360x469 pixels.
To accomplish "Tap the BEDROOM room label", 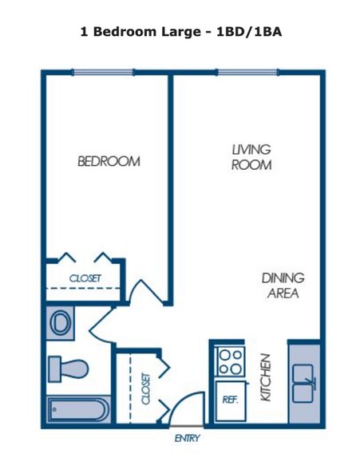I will (109, 161).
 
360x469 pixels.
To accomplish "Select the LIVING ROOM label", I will (251, 158).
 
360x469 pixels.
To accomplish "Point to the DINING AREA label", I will (283, 286).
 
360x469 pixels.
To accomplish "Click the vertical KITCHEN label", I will (267, 377).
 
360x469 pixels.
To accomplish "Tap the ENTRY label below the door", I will (187, 438).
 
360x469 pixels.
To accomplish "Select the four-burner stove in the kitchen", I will (231, 363).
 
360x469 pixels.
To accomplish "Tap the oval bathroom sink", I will (60, 323).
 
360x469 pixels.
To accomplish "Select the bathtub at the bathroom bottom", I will (75, 410).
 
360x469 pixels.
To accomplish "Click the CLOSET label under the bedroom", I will (85, 278).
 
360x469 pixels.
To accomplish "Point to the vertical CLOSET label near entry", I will (146, 388).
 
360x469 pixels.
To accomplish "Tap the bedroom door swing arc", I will (147, 293).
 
